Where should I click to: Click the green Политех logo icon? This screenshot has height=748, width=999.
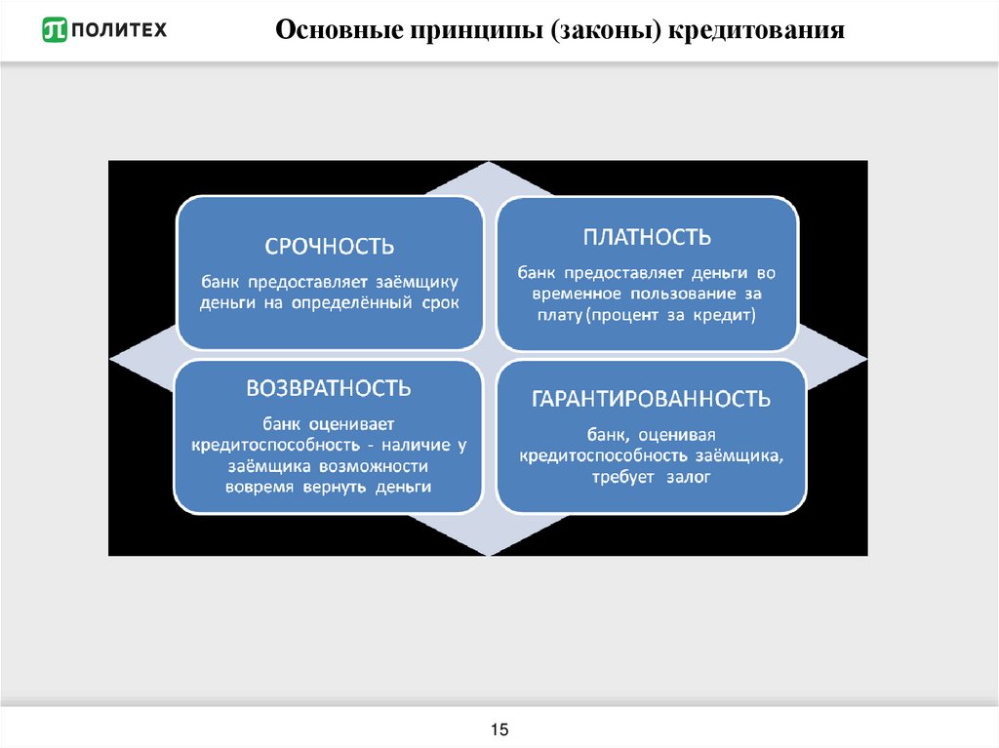pyautogui.click(x=55, y=31)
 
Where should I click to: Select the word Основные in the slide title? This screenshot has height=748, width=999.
pyautogui.click(x=331, y=32)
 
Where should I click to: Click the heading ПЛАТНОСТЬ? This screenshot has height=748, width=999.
pyautogui.click(x=647, y=237)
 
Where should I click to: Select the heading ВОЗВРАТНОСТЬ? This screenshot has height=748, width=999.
pyautogui.click(x=329, y=388)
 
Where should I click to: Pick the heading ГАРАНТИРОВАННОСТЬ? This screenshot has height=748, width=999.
pyautogui.click(x=651, y=399)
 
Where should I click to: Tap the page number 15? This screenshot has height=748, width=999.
pyautogui.click(x=499, y=730)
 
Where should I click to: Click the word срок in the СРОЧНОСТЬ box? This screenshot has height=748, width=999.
pyautogui.click(x=440, y=302)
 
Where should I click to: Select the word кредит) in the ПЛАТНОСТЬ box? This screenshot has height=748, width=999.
pyautogui.click(x=726, y=315)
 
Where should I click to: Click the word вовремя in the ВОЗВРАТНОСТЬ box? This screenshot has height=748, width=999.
pyautogui.click(x=259, y=486)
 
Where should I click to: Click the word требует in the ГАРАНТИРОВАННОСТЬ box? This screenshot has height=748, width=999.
pyautogui.click(x=624, y=477)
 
